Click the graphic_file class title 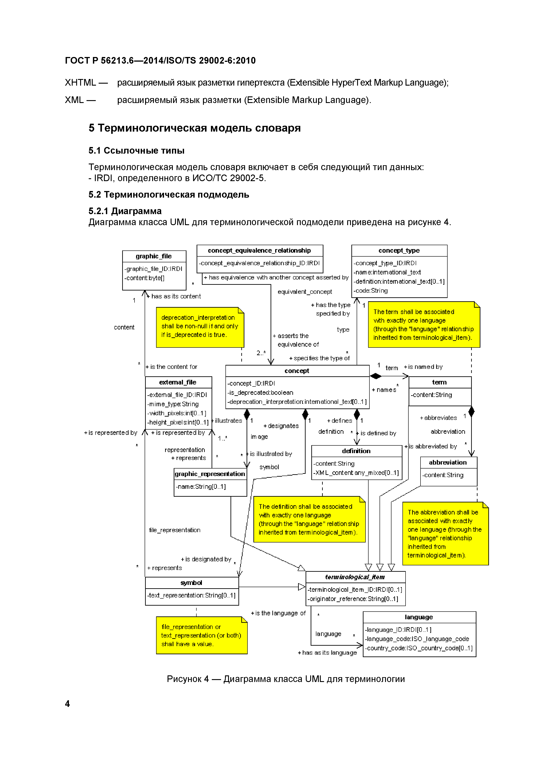click(x=154, y=256)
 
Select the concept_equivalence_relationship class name click(x=259, y=250)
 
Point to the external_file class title click(x=178, y=382)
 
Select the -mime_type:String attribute click(x=173, y=404)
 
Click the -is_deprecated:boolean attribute click(x=260, y=392)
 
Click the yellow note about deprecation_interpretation click(x=200, y=327)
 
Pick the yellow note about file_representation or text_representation click(x=201, y=636)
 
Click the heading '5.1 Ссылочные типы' click(x=136, y=151)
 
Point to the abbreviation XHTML click(x=80, y=83)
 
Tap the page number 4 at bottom click(x=67, y=704)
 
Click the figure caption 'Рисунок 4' click(x=286, y=679)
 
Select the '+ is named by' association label click(x=423, y=367)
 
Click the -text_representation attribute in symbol click(x=191, y=595)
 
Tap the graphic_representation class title click(x=210, y=474)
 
